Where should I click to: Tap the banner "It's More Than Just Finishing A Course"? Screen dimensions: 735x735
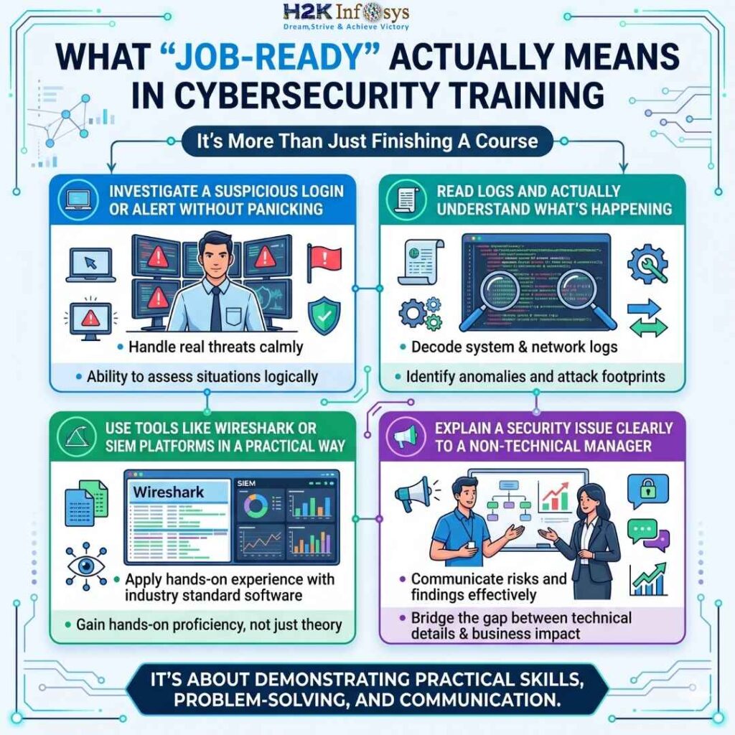[x=367, y=141]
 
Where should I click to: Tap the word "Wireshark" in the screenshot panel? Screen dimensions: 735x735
[x=169, y=492]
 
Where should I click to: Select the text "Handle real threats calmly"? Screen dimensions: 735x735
[x=215, y=347]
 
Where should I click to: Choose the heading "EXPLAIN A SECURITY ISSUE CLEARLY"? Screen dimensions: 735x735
[x=553, y=429]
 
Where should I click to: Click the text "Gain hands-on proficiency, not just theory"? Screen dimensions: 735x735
[x=209, y=624]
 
